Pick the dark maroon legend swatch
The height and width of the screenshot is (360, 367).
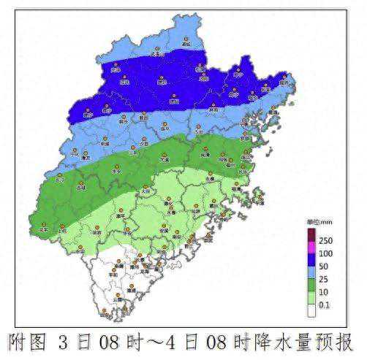(x=311, y=234)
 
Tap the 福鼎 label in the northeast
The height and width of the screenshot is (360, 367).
(x=283, y=83)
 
